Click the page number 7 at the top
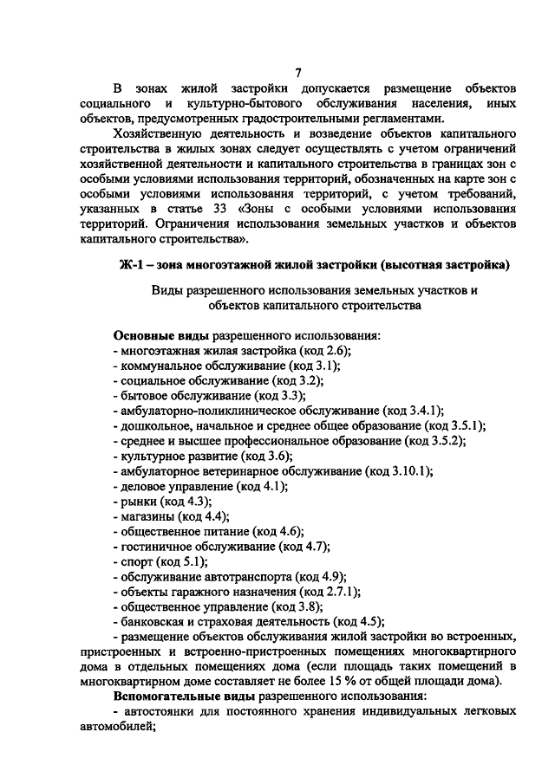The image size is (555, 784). [x=298, y=73]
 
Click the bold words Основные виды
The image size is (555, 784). [x=156, y=335]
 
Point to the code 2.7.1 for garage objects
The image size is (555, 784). [x=340, y=591]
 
